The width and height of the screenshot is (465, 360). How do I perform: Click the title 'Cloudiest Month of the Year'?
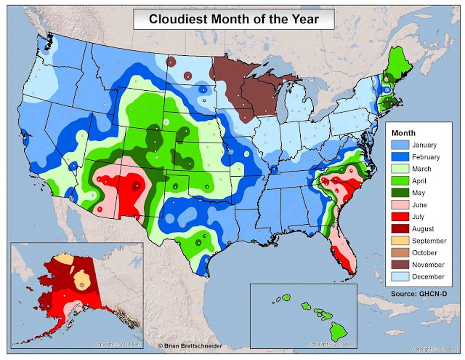pos(234,19)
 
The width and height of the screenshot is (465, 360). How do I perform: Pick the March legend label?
pos(421,169)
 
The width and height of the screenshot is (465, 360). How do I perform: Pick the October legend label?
pos(424,253)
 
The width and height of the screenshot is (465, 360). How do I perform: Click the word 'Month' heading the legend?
pos(403,133)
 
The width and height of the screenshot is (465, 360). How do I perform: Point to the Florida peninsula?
pos(345,252)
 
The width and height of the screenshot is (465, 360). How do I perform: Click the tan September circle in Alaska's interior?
pos(81,281)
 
